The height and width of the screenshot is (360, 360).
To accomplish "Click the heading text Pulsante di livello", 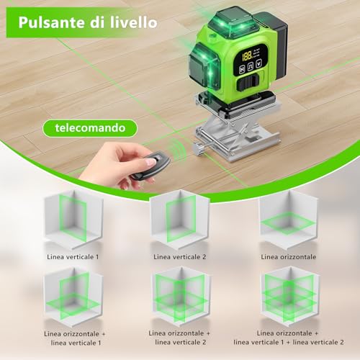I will tap(88, 22).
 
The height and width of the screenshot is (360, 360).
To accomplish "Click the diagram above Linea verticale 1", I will tap(73, 220).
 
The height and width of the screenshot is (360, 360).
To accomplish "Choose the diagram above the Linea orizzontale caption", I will tap(287, 220).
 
